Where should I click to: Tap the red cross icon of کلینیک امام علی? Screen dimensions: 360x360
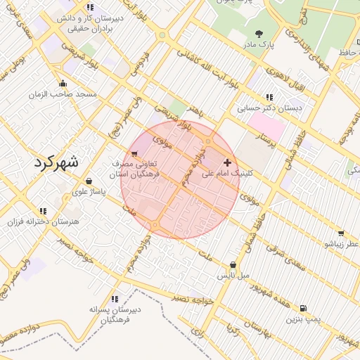point(227,162)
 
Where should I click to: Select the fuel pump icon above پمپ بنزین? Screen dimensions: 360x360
point(302,308)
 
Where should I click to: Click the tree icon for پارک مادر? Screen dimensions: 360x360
point(259,33)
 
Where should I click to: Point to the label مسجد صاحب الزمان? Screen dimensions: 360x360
point(63,94)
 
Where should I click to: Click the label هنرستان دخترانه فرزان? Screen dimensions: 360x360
point(42,221)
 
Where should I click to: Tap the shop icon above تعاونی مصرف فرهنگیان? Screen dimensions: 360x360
point(134,153)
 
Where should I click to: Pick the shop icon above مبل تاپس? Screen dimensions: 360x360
point(233,265)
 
